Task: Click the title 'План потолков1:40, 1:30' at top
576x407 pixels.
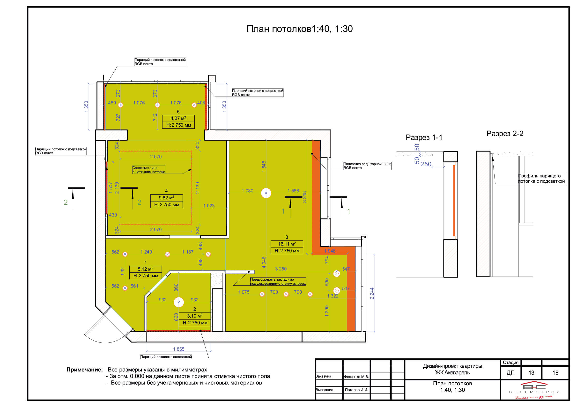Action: click(300, 29)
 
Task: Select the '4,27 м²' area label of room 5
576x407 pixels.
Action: click(178, 118)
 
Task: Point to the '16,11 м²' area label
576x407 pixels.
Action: click(287, 244)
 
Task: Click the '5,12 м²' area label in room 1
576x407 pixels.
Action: click(146, 269)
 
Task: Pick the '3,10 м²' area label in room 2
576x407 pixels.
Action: click(195, 316)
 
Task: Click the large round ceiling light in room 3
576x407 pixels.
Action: click(266, 193)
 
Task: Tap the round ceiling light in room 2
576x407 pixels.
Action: click(179, 302)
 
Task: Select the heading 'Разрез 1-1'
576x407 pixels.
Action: click(424, 138)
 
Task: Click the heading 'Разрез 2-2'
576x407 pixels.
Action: click(505, 133)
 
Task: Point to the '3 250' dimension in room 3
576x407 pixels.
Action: click(281, 269)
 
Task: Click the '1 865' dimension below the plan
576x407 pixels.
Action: click(179, 349)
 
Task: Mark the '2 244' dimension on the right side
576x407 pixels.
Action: click(372, 293)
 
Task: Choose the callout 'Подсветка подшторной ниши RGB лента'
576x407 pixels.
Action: click(367, 166)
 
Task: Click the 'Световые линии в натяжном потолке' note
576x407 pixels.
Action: click(149, 170)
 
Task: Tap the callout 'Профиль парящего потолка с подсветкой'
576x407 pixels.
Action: click(541, 179)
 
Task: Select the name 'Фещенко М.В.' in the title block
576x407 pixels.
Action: click(356, 377)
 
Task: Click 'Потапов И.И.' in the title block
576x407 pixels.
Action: click(356, 390)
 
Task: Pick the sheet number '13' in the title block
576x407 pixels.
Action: click(531, 373)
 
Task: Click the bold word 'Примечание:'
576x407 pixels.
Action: click(85, 370)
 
